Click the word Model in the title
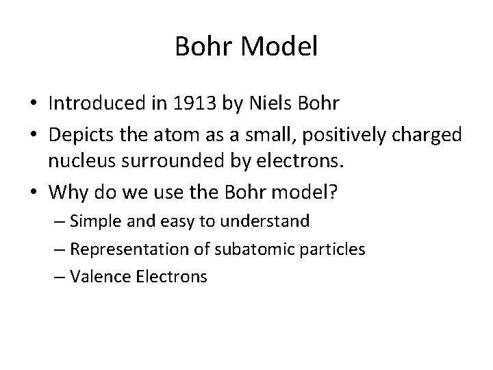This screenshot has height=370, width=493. pyautogui.click(x=280, y=47)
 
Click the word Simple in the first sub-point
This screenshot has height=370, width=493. pyautogui.click(x=96, y=221)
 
